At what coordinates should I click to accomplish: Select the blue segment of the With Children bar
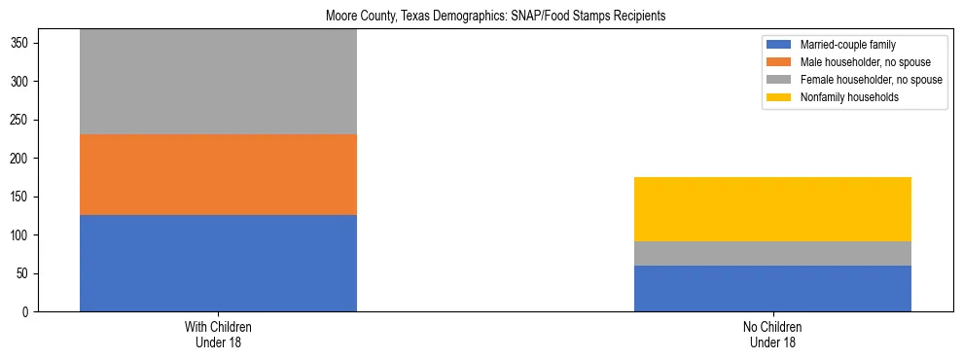218,263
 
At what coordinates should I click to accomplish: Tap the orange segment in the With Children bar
218,174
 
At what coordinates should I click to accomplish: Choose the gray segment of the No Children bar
772,253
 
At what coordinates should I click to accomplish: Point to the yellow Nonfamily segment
772,209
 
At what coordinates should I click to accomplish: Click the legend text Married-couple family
847,45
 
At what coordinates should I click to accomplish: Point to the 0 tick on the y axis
26,312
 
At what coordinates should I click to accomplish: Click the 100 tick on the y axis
20,235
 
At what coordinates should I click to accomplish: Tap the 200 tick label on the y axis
20,159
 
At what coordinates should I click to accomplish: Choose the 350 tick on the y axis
20,44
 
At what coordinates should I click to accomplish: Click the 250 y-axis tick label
20,121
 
